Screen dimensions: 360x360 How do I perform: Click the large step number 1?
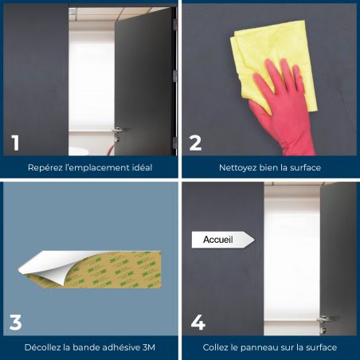15,143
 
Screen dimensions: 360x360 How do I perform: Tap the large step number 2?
195,143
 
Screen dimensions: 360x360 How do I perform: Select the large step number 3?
15,323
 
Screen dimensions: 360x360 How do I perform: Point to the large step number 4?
198,323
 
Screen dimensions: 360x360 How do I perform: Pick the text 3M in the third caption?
149,347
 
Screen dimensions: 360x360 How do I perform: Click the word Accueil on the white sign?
218,240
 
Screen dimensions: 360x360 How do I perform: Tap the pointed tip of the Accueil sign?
254,240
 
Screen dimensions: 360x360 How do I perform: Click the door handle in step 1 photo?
117,132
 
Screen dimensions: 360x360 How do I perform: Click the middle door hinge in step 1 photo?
174,76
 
